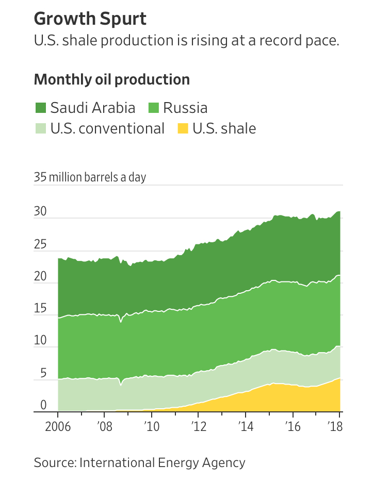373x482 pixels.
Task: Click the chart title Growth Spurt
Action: pos(90,19)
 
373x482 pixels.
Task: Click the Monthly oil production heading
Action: pos(111,80)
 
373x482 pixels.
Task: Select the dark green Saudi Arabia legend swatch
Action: pos(41,108)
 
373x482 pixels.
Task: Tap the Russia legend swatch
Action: pos(154,108)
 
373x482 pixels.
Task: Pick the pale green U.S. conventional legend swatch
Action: pos(41,128)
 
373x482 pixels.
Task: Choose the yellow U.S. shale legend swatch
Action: pos(183,128)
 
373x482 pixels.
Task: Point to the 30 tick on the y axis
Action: pos(40,212)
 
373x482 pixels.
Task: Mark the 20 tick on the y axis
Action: pos(40,277)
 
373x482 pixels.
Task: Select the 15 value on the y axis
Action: pos(40,309)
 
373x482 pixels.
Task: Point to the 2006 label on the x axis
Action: pos(57,427)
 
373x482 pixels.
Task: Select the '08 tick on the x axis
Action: pos(104,427)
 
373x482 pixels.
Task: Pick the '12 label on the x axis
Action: pos(199,427)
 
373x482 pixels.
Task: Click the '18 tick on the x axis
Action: pos(336,427)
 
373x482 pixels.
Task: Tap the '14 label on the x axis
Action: pos(246,427)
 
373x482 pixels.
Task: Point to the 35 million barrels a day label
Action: pos(90,177)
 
